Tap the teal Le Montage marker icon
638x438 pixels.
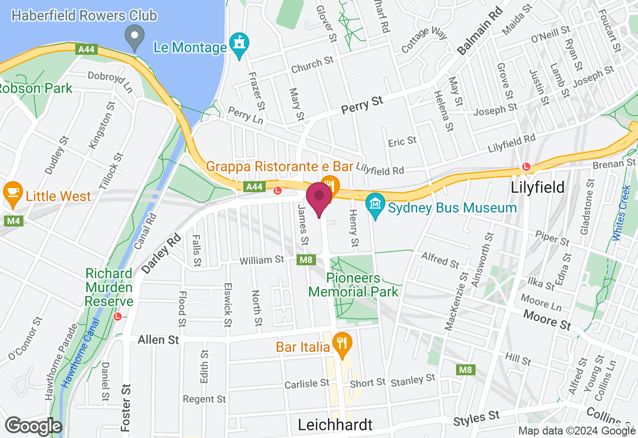click(x=240, y=45)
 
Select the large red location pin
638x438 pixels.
click(x=319, y=198)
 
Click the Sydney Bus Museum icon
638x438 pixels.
click(x=375, y=206)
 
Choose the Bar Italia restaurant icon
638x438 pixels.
click(x=342, y=344)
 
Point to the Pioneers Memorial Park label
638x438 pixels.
click(x=353, y=285)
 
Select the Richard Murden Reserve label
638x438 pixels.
click(x=109, y=287)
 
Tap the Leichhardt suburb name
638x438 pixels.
click(x=335, y=425)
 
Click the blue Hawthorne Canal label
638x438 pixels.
click(x=80, y=354)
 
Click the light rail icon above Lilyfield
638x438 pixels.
click(x=525, y=167)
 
